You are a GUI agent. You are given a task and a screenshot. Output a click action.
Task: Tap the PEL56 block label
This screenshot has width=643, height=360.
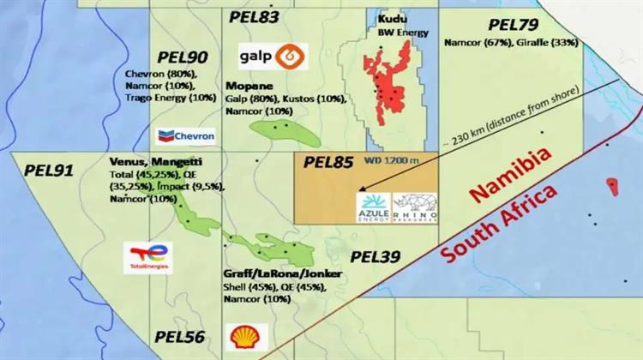(180, 337)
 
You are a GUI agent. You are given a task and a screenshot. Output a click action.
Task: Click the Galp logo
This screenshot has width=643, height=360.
(273, 57)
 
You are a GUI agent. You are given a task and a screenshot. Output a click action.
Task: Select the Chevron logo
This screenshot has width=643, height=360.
(185, 135)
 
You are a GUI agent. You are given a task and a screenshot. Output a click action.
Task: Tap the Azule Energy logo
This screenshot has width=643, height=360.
(373, 207)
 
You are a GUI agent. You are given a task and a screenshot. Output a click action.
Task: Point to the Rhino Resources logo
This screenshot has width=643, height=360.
(415, 207)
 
